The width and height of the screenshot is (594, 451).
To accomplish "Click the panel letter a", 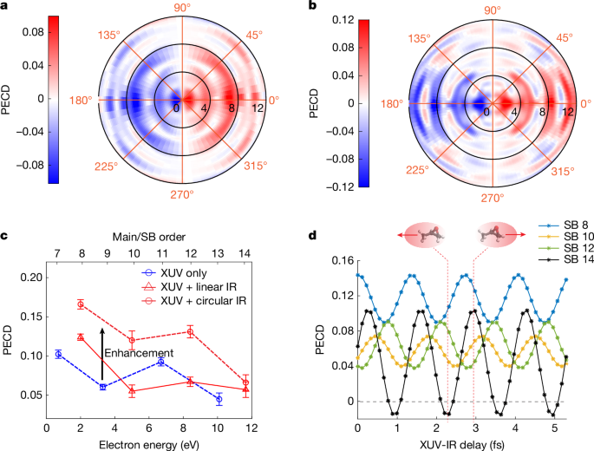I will click(5, 7).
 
